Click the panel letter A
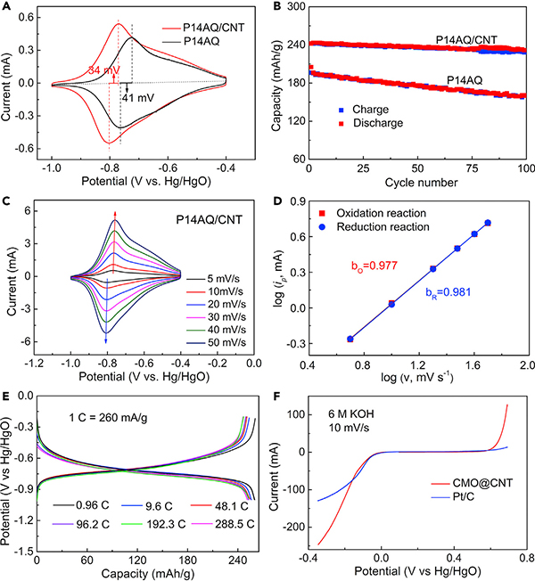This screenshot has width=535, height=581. pos(6,9)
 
